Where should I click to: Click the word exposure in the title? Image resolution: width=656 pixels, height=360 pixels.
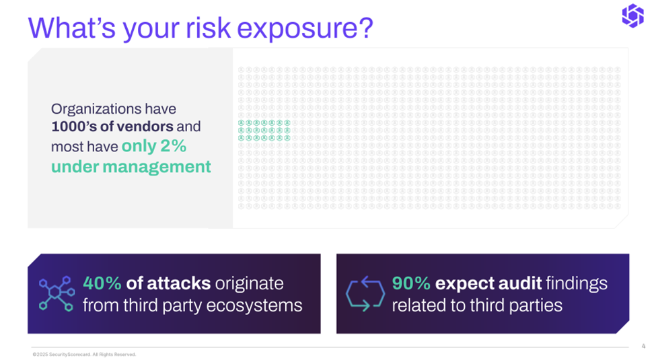[x=305, y=29]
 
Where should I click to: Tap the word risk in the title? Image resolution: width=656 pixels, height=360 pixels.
[x=208, y=28]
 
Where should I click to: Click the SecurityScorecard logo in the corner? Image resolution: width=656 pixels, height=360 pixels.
[x=632, y=16]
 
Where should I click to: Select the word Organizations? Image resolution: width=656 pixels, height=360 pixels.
[x=96, y=109]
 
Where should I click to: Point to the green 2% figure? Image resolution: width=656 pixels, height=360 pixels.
[x=173, y=146]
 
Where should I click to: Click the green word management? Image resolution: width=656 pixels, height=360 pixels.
[x=157, y=167]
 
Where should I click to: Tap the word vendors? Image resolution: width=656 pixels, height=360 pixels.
[x=145, y=127]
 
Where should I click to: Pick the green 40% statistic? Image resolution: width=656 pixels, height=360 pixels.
[x=102, y=283]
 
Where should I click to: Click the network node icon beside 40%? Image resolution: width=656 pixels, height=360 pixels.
[x=57, y=293]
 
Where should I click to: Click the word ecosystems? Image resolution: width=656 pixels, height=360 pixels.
[x=254, y=305]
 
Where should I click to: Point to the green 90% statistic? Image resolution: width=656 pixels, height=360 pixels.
[x=411, y=283]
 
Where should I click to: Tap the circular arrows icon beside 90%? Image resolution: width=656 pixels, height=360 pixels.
[x=365, y=293]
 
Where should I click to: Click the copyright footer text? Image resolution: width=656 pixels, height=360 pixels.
[x=84, y=355]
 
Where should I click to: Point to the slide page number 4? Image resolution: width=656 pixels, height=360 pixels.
[x=643, y=346]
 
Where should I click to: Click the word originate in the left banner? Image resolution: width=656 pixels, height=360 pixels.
[x=250, y=284]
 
